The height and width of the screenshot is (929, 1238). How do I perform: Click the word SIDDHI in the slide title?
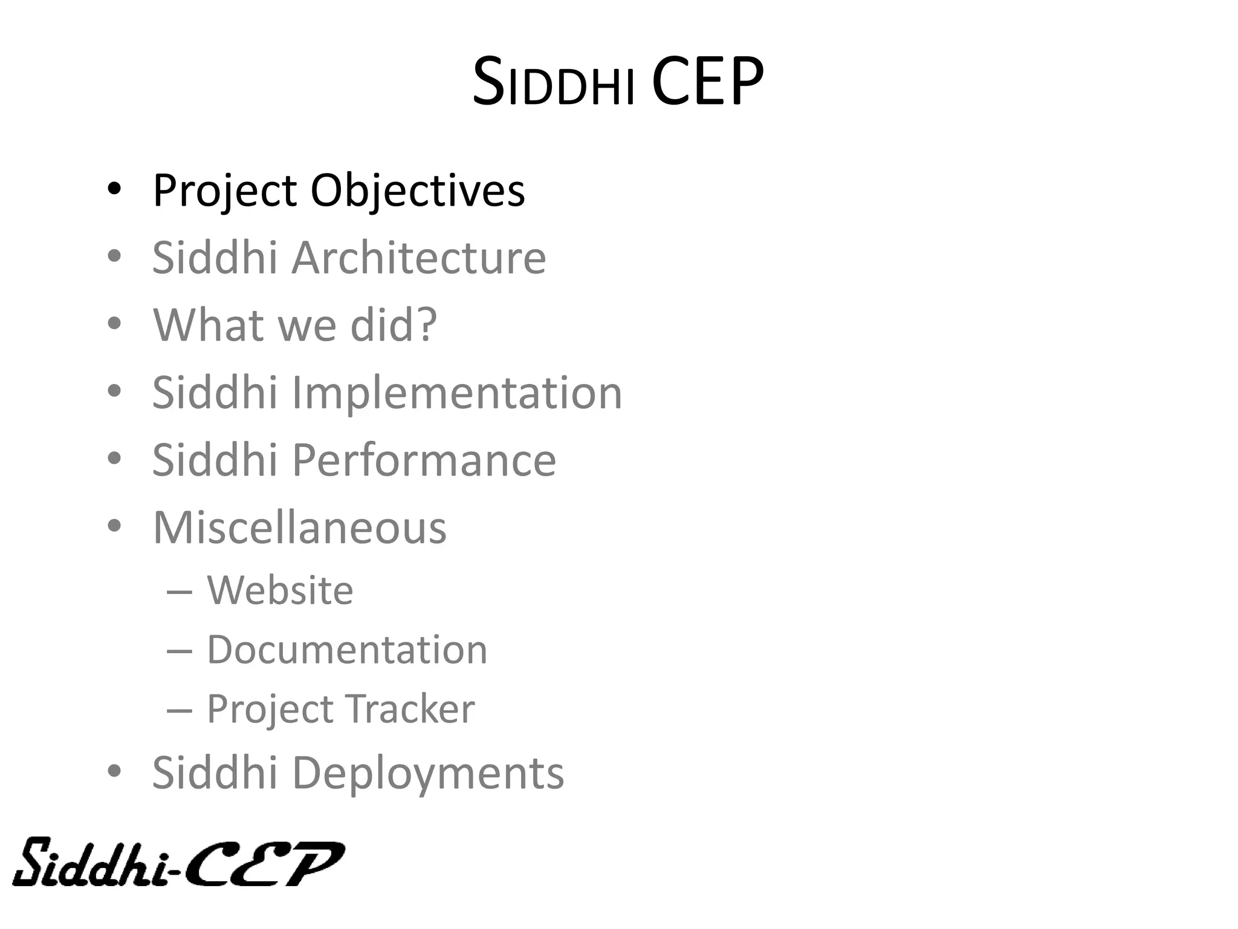coord(553,83)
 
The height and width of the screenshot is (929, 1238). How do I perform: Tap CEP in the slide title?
coord(707,82)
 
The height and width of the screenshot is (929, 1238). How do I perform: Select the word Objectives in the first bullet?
coord(417,191)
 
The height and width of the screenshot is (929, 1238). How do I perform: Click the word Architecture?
coord(418,258)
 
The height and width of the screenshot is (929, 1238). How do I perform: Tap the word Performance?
coord(423,460)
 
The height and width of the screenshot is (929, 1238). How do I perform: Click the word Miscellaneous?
coord(299,527)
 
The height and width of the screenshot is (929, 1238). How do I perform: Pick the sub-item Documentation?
coord(346,650)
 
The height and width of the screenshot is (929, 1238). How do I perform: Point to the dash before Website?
coord(179,592)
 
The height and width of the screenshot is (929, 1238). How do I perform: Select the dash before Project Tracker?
coord(179,710)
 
